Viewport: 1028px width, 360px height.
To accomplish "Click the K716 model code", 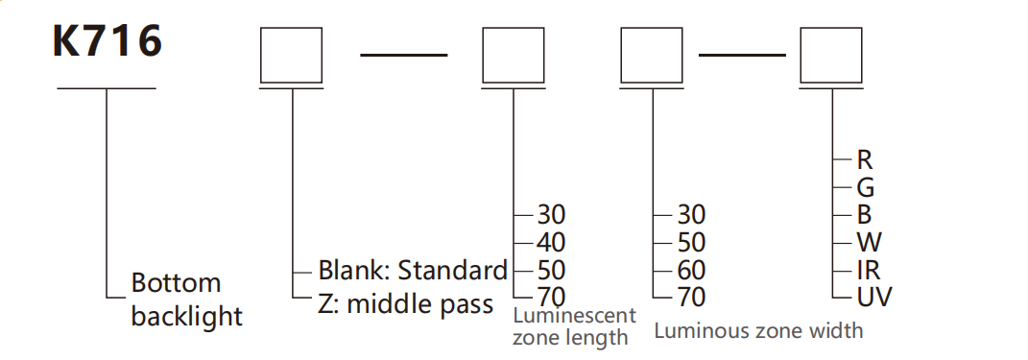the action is coord(107,42).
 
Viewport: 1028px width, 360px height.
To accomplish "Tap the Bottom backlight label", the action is coord(187,300).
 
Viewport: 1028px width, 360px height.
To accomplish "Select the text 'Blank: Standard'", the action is coord(413,270).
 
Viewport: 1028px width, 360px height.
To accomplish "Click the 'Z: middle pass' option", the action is coord(406,304).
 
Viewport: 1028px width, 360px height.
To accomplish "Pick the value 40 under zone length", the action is coord(551,243).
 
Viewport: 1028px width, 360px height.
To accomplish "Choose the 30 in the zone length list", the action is coord(551,214).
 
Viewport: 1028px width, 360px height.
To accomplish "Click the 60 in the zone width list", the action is coord(691,270).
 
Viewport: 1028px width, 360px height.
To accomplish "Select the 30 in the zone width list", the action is coord(691,214).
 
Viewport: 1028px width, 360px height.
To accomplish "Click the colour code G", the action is coord(866,188).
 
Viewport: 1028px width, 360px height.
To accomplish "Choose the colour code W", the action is coord(870,243).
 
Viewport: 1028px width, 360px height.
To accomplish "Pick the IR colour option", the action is coord(868,270).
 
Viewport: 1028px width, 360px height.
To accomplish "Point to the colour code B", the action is coord(864,215).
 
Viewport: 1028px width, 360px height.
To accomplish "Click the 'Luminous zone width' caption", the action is coord(758,330).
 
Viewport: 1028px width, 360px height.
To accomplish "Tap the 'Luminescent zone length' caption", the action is coord(574,325).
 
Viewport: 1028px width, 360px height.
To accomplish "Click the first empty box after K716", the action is coord(291,55).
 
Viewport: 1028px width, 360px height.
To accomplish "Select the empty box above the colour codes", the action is coord(831,55).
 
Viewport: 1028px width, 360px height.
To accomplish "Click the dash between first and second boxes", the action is coord(404,55).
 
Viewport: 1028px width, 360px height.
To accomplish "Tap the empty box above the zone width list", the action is coord(653,55).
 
